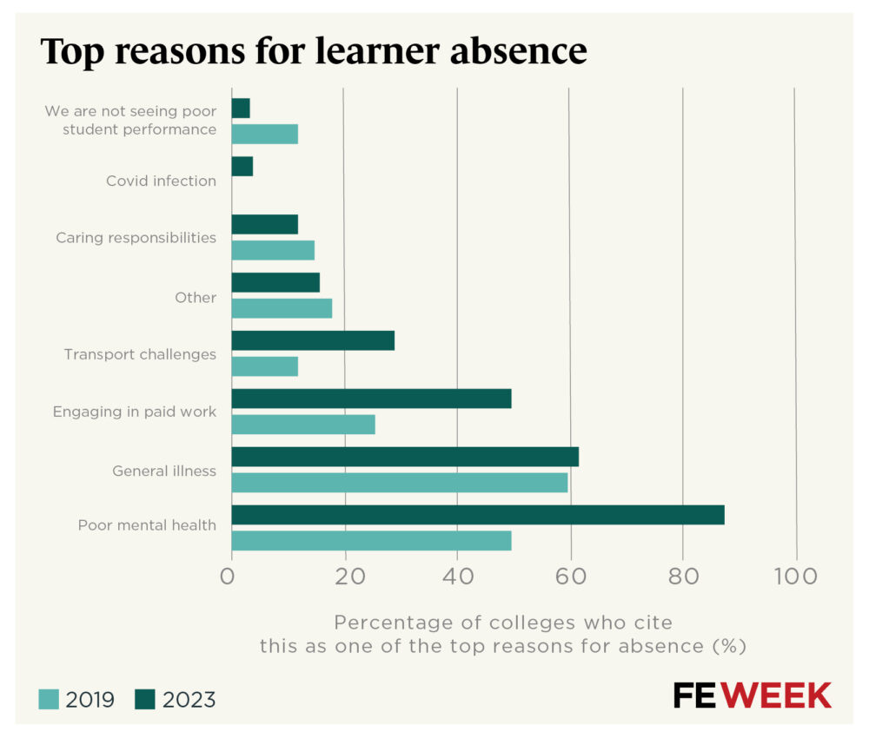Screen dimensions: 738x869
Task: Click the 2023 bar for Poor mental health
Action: pos(477,515)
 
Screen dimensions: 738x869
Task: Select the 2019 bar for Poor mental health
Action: pos(371,541)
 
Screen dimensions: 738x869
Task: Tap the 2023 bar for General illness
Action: pos(404,457)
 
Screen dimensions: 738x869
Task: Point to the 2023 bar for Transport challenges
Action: pos(313,340)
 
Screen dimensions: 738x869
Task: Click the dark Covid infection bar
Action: pos(242,167)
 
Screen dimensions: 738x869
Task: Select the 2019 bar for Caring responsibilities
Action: pos(273,250)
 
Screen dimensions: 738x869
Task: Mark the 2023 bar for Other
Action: pos(275,282)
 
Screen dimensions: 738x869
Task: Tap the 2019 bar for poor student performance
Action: pos(264,134)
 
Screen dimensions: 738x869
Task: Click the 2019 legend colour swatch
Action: pos(49,700)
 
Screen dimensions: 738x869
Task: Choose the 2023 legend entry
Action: pos(175,700)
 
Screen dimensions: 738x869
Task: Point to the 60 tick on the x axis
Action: pos(570,577)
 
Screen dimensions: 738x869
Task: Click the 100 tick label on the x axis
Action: pos(796,577)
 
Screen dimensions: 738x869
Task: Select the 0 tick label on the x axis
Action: pos(229,577)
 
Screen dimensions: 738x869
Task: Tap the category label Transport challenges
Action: pos(140,354)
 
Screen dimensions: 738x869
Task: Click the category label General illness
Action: pos(164,471)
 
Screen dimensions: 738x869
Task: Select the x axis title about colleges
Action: pos(503,635)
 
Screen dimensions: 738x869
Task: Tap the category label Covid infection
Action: pos(161,181)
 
